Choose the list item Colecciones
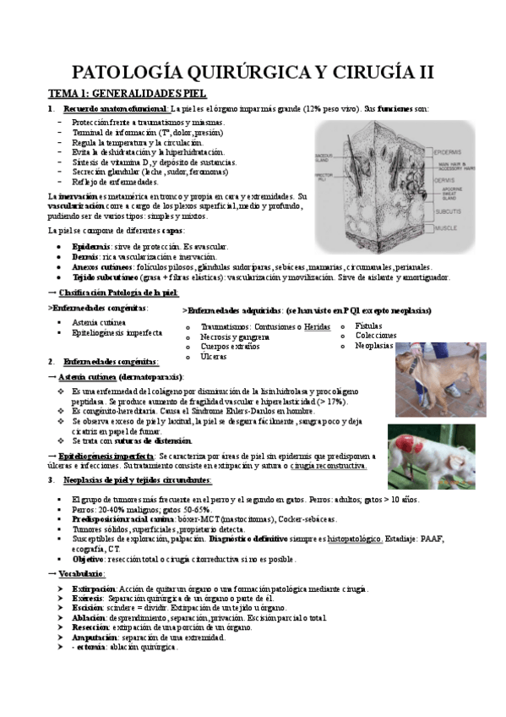pyautogui.click(x=373, y=335)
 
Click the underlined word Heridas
pyautogui.click(x=317, y=326)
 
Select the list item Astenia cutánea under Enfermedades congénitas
pyautogui.click(x=99, y=322)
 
